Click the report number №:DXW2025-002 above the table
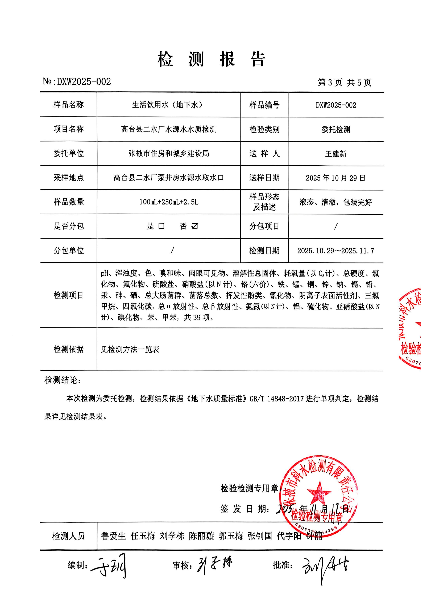tap(77, 81)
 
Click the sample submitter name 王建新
tap(336, 154)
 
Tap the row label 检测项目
tap(69, 295)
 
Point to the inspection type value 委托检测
tap(336, 129)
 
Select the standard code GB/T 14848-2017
tap(276, 399)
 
